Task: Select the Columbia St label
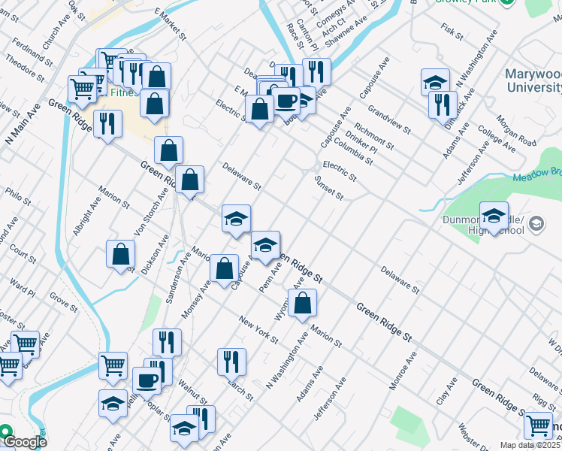354,150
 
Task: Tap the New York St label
258,329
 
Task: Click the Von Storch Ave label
150,213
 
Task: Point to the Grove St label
63,301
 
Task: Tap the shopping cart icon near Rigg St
539,425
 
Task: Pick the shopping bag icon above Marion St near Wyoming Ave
302,304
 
